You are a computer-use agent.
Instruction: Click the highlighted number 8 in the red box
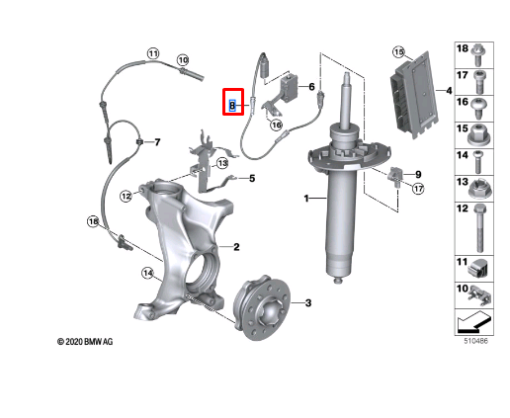point(232,106)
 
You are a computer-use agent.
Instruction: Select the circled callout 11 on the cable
point(153,53)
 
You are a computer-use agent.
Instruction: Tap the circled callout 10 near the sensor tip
point(183,60)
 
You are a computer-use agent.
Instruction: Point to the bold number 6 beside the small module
point(311,87)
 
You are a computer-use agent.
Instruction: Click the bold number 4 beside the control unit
point(449,90)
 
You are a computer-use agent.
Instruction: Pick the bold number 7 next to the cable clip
point(157,142)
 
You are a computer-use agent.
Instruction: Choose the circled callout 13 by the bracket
point(222,163)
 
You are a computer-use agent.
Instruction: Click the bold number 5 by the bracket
point(252,178)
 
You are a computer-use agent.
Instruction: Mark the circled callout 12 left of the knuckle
point(127,197)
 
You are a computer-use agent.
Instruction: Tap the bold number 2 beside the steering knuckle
point(236,247)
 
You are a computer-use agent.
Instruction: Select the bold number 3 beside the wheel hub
point(308,302)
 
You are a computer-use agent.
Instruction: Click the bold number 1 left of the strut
point(306,199)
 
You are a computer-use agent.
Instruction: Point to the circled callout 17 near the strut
point(418,189)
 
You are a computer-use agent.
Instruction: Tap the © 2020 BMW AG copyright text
point(85,342)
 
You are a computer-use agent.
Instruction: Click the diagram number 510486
point(475,341)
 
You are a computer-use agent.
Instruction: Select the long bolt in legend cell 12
point(479,228)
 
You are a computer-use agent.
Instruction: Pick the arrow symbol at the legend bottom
point(474,321)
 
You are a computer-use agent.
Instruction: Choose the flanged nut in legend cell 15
point(477,134)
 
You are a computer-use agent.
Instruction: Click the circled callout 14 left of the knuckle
point(148,273)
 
